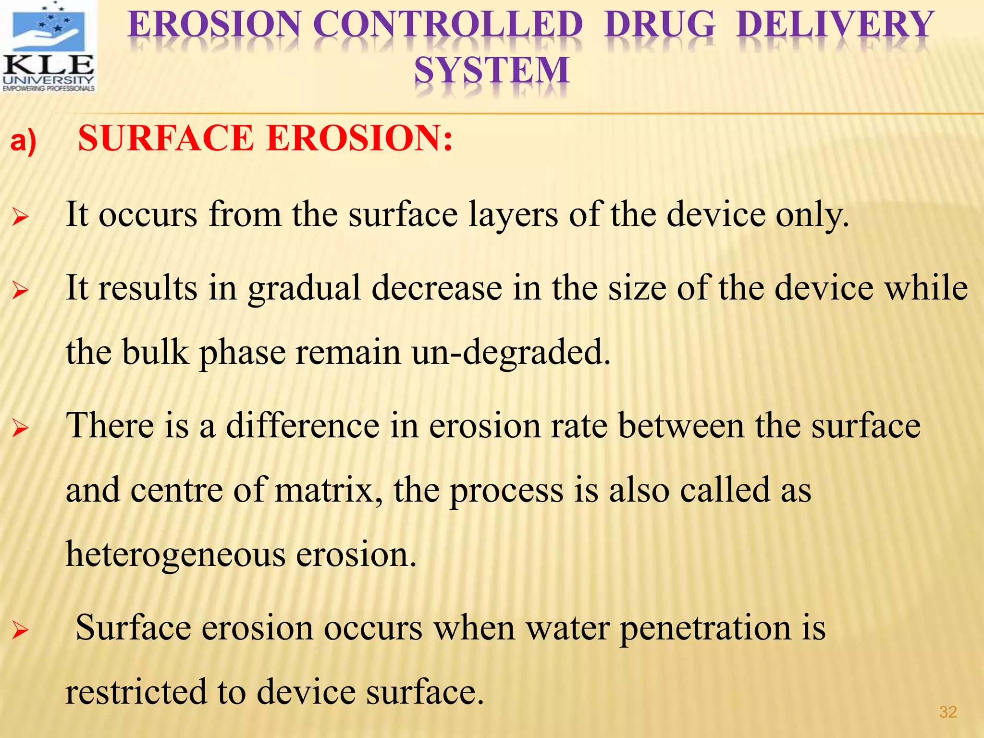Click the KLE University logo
[49, 47]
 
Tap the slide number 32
[947, 712]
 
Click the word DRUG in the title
[660, 25]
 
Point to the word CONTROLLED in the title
[448, 25]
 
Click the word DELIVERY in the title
[835, 25]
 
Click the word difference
[303, 426]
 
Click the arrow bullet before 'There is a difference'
[21, 428]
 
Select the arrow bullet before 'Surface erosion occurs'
[21, 630]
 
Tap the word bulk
[156, 352]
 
